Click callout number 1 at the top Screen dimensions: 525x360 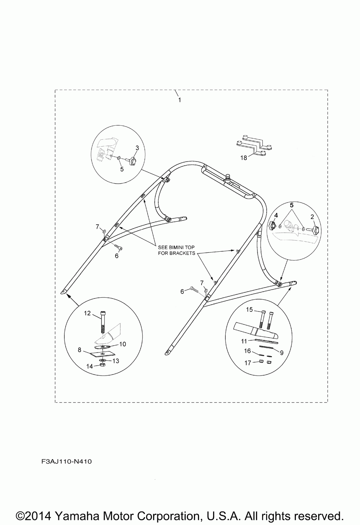pyautogui.click(x=179, y=99)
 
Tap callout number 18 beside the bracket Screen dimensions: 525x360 pyautogui.click(x=244, y=158)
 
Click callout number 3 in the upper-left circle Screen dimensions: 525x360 pyautogui.click(x=137, y=148)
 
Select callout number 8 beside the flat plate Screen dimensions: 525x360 pyautogui.click(x=80, y=349)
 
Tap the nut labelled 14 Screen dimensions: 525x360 pyautogui.click(x=102, y=365)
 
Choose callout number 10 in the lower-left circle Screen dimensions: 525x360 pyautogui.click(x=122, y=344)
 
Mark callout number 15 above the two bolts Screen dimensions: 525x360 pyautogui.click(x=249, y=309)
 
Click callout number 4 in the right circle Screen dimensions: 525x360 pyautogui.click(x=276, y=216)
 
